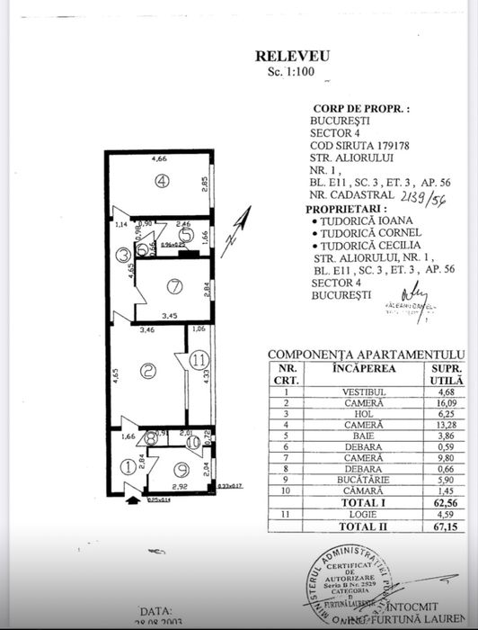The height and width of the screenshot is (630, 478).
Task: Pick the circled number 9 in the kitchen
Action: pos(181,468)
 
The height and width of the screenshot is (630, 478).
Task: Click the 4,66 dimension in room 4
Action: pos(159,158)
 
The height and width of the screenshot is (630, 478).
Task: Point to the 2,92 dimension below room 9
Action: pos(179,487)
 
